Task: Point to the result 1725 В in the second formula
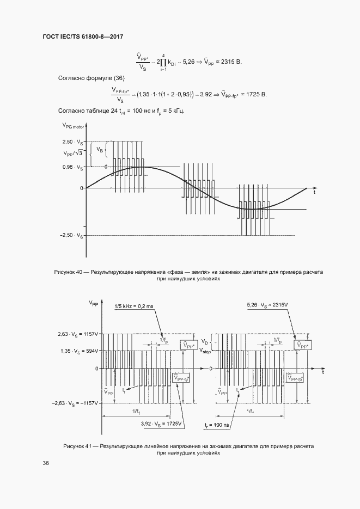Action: (x=257, y=95)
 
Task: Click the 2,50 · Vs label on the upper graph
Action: (x=74, y=142)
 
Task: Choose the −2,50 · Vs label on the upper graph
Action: (x=72, y=236)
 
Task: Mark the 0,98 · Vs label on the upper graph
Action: (x=74, y=167)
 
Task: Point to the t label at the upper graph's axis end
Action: (x=314, y=192)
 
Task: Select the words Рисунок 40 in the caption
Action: (x=71, y=271)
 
